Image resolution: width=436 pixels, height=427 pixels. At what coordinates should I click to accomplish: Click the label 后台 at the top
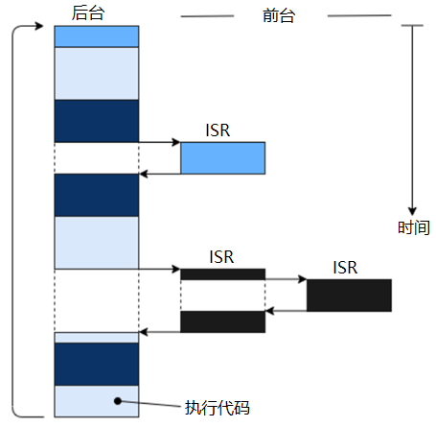pos(88,13)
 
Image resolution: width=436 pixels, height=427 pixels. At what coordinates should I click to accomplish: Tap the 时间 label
pos(413,228)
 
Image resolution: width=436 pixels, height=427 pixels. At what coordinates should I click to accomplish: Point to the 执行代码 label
pos(217,407)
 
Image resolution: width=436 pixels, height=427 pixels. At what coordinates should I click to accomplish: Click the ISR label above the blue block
pos(219,129)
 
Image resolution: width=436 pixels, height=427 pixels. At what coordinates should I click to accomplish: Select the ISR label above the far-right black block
pos(346,267)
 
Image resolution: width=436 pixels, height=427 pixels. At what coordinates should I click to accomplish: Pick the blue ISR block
pos(222,158)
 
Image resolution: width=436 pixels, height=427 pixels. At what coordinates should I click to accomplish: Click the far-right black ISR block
pos(349,295)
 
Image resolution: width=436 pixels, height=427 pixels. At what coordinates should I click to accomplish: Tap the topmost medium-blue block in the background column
pos(97,36)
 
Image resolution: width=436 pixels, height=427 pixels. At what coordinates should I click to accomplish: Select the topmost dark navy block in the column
pos(97,121)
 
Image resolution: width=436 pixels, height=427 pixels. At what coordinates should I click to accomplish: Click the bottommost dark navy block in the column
pos(97,364)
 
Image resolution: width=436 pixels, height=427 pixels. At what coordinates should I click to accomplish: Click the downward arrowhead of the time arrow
pos(412,210)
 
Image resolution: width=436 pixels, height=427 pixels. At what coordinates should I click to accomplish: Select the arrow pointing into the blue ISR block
pos(160,142)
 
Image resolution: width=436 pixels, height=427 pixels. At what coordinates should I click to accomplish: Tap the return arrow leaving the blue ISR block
pos(160,174)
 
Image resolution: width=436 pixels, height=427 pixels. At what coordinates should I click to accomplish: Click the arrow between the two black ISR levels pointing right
pos(286,279)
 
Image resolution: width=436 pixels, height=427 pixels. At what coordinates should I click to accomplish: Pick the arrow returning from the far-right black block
pos(286,310)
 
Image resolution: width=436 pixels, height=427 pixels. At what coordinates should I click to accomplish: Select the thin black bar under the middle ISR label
pos(222,274)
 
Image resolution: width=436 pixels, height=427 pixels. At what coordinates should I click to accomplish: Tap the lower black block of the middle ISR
pos(222,321)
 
